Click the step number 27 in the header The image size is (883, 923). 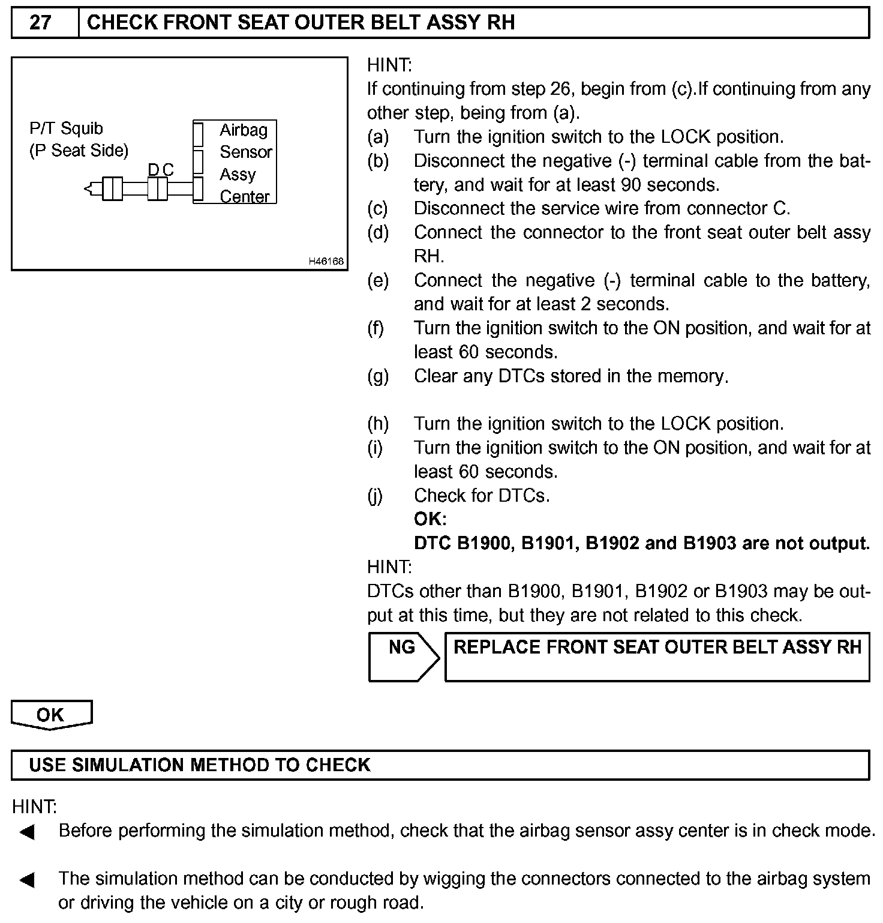(41, 23)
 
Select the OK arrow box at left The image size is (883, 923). (50, 715)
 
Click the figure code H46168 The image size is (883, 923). (326, 261)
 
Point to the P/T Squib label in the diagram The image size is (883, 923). (66, 128)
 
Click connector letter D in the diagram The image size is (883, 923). (154, 170)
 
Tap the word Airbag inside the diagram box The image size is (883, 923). (244, 130)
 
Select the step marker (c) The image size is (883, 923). (378, 208)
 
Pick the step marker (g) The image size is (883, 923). (378, 376)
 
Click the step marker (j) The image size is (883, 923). (376, 496)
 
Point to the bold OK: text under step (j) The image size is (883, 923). (430, 519)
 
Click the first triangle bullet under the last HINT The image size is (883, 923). (27, 832)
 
